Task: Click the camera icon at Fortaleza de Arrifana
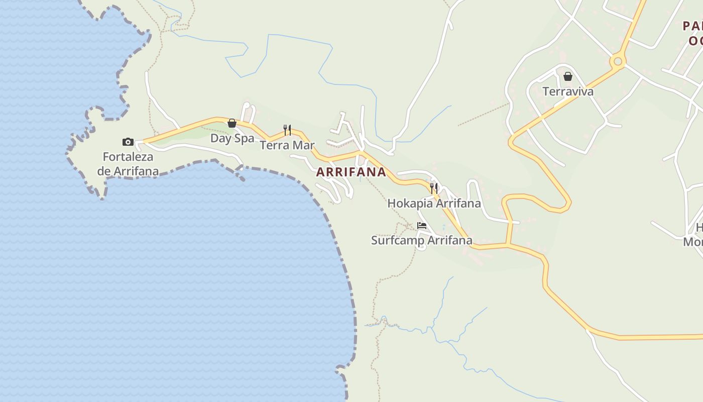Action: [128, 142]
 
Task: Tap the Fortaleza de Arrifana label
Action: [128, 164]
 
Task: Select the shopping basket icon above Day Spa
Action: [232, 123]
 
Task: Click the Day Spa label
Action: [232, 138]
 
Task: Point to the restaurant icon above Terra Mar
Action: [287, 130]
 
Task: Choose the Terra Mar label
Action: [287, 145]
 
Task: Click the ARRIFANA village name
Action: [351, 172]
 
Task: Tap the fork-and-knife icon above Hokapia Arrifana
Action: [434, 188]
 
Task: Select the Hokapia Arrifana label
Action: [434, 204]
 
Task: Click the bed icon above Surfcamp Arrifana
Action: [422, 226]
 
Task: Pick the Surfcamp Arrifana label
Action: [421, 240]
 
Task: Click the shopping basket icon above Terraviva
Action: [568, 76]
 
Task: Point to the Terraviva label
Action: [568, 91]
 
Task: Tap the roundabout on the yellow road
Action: [618, 62]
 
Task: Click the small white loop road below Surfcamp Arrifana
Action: [422, 247]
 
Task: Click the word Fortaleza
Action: [128, 157]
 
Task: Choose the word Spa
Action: [245, 138]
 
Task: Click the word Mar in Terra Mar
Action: [304, 145]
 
